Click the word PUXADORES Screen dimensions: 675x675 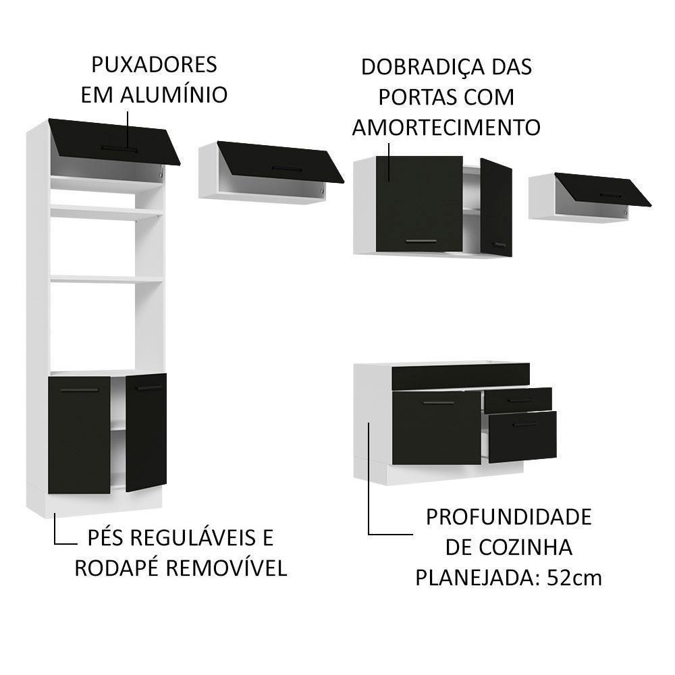tap(154, 65)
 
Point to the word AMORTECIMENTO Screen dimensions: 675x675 tap(446, 127)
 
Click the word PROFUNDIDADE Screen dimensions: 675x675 tap(508, 517)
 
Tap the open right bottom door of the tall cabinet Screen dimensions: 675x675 tap(146, 431)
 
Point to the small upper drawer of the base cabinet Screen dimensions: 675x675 tap(518, 400)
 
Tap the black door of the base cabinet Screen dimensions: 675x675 tap(437, 429)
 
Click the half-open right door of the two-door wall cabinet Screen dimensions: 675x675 tap(496, 207)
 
